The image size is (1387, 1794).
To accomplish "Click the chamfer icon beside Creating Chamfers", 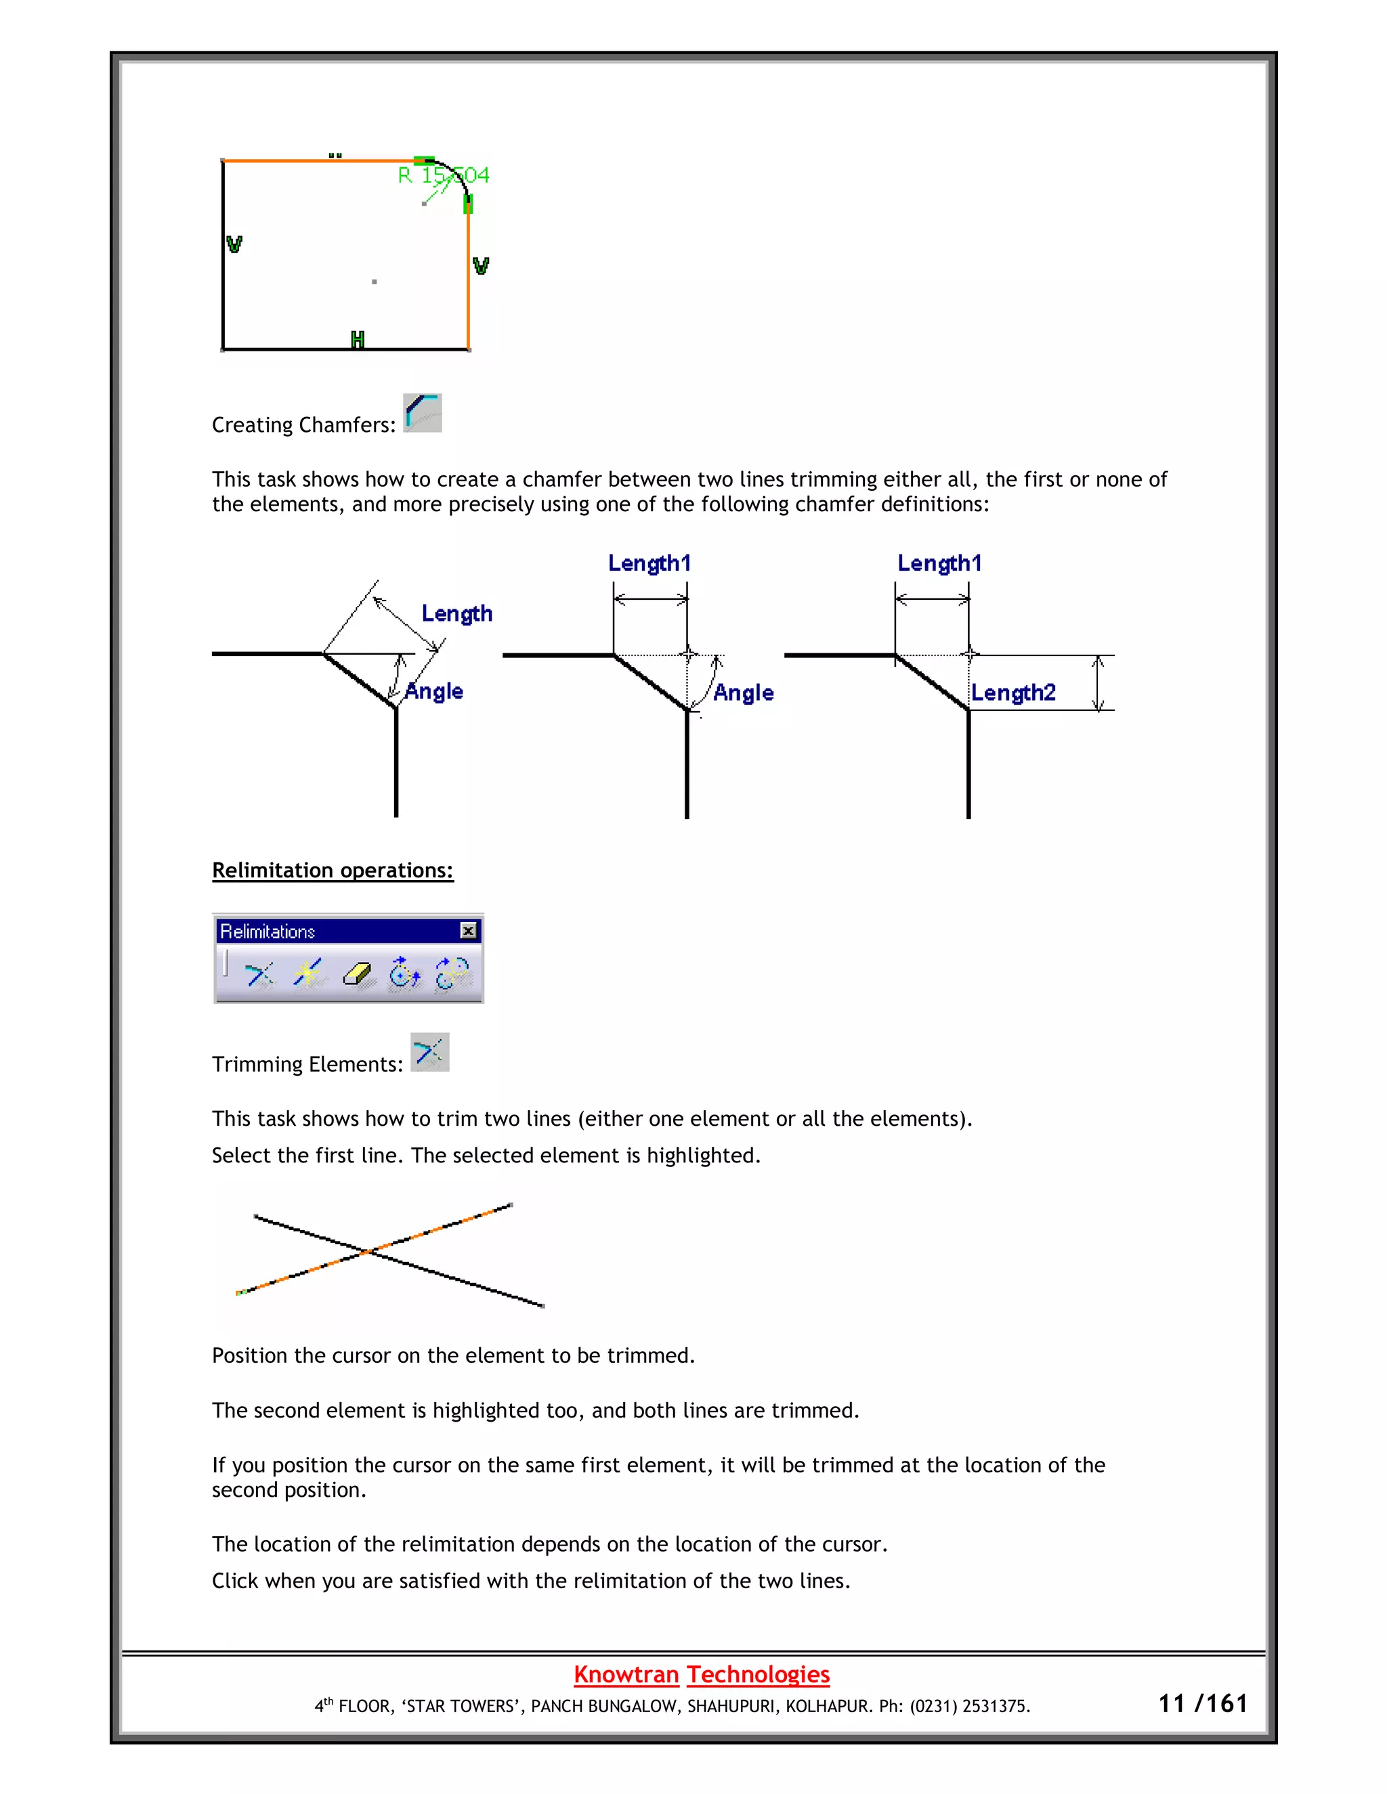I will tap(423, 412).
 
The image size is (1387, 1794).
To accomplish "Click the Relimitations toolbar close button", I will tap(469, 930).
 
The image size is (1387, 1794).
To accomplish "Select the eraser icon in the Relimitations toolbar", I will tap(357, 974).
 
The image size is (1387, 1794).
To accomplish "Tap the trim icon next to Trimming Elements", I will tap(430, 1052).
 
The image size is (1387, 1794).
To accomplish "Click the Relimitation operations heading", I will tap(332, 870).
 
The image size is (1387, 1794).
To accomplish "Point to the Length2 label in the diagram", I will tap(1012, 693).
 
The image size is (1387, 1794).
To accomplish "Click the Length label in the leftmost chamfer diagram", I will tap(457, 613).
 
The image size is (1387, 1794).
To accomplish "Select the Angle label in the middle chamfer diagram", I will tap(743, 693).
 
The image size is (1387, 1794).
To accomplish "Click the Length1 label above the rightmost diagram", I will tap(939, 563).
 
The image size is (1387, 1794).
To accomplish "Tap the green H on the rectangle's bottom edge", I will tap(358, 339).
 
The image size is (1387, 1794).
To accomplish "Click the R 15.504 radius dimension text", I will tap(444, 175).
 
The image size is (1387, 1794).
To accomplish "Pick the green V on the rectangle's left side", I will tap(234, 244).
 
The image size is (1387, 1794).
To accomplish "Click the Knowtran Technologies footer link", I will tap(701, 1673).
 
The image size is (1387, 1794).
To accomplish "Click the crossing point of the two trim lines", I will tap(369, 1252).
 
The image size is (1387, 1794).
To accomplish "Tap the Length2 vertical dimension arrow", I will tap(1098, 682).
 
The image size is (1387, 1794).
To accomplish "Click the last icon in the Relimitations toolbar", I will tap(452, 974).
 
